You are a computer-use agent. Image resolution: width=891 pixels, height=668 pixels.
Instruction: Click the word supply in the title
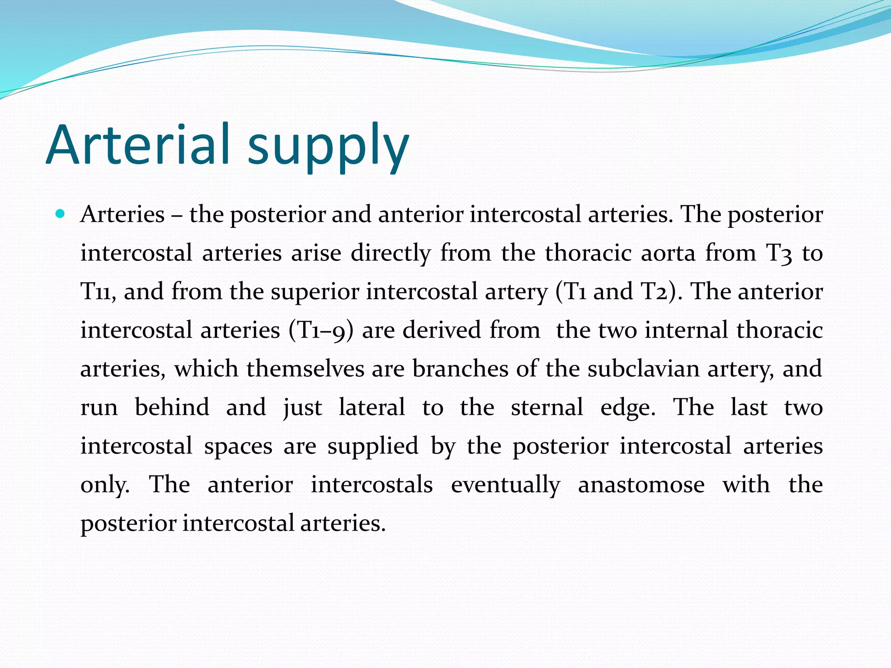pyautogui.click(x=328, y=148)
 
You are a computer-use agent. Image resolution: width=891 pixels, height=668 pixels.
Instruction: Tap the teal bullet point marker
pyautogui.click(x=60, y=214)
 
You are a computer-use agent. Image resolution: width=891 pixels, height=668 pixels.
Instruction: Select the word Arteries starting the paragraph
pyautogui.click(x=123, y=214)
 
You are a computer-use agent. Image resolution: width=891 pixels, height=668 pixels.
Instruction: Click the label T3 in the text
pyautogui.click(x=779, y=253)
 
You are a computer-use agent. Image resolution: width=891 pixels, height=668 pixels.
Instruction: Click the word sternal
pyautogui.click(x=547, y=407)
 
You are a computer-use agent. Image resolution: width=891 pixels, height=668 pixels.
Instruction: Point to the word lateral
pyautogui.click(x=372, y=407)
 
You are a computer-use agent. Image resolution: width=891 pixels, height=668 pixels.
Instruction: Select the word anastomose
pyautogui.click(x=641, y=484)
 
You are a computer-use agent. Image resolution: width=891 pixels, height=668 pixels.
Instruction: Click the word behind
pyautogui.click(x=172, y=407)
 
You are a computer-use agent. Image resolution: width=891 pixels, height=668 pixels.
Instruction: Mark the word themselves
pyautogui.click(x=305, y=369)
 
